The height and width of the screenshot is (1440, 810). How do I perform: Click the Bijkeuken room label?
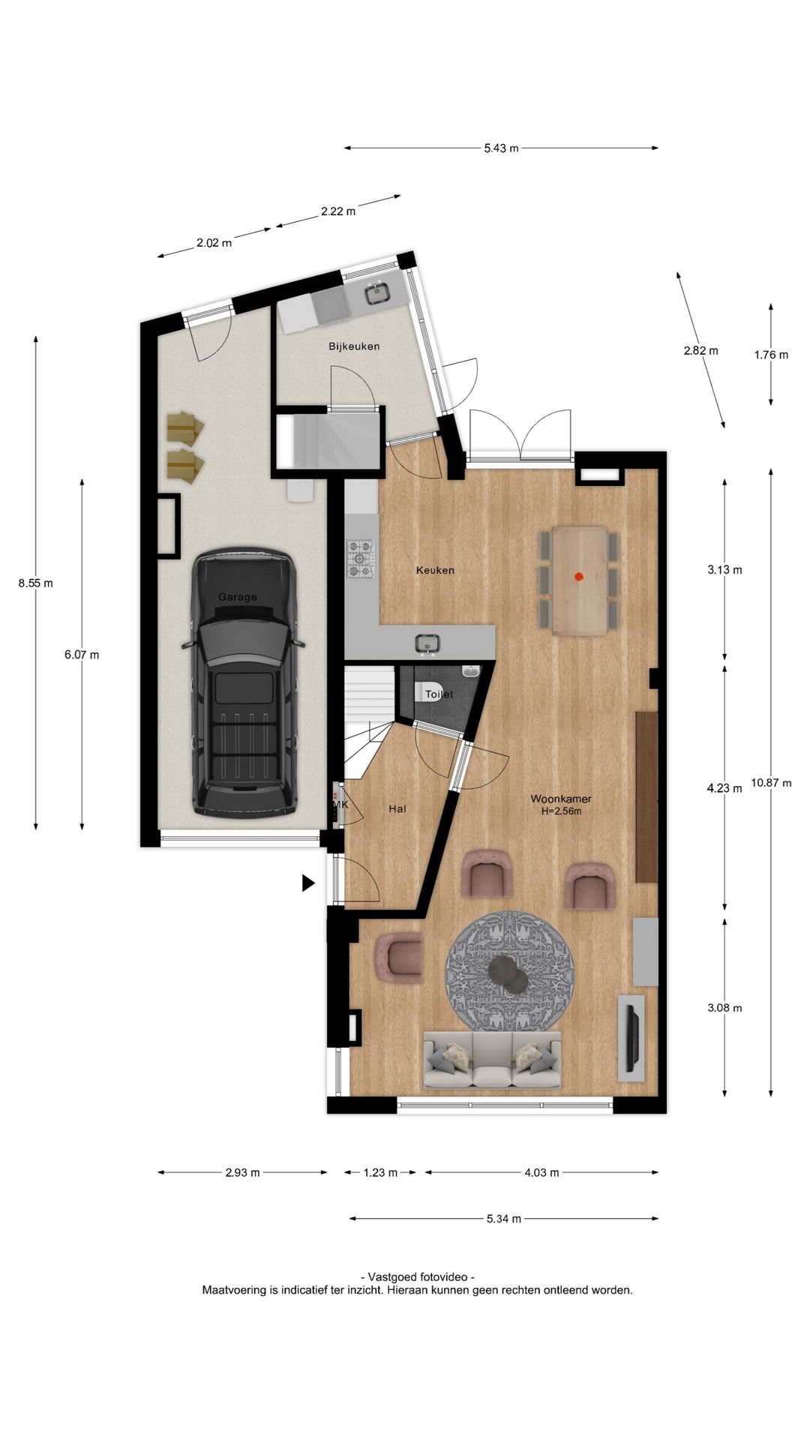[x=354, y=346]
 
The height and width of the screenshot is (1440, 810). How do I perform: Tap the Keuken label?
[x=435, y=570]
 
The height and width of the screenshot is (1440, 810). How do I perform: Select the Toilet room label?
[x=439, y=694]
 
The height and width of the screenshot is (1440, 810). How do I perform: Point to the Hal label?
[x=397, y=808]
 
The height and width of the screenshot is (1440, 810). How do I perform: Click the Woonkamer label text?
[x=561, y=799]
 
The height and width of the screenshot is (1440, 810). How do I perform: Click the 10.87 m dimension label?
[x=771, y=783]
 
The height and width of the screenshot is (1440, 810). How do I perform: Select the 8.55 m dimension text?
[x=36, y=583]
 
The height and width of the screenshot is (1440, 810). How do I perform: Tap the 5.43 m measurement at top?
[x=501, y=148]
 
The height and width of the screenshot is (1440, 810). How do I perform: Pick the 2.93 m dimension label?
[x=242, y=1172]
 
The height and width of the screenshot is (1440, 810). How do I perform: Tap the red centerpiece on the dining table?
[x=578, y=577]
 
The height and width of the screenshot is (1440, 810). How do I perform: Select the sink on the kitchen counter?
[x=428, y=643]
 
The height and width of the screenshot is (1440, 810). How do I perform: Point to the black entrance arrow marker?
[x=308, y=883]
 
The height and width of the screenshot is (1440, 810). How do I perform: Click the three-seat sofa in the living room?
[x=492, y=1060]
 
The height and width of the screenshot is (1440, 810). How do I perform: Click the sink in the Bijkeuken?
[x=378, y=292]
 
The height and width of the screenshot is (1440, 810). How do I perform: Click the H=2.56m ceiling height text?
[x=561, y=811]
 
